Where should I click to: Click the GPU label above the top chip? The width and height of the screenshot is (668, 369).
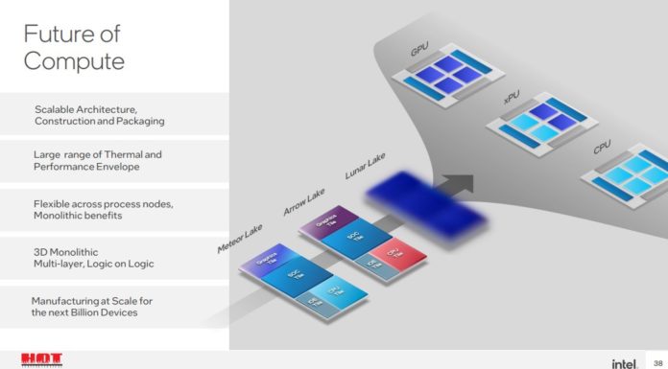(419, 46)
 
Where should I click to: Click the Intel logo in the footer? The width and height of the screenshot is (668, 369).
(624, 362)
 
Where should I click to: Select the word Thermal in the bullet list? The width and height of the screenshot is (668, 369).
(142, 153)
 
